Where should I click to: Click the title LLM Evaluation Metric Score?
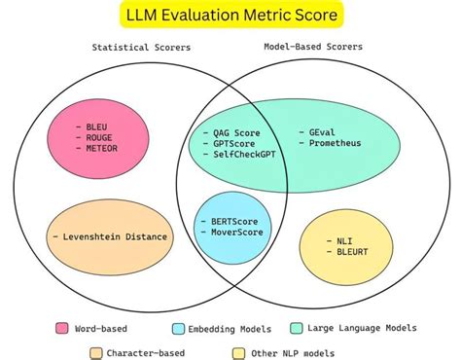click(x=230, y=16)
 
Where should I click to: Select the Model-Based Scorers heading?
click(x=312, y=47)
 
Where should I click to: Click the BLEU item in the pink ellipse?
click(x=96, y=126)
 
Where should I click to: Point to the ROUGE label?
click(x=98, y=137)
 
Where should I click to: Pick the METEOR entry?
click(x=100, y=149)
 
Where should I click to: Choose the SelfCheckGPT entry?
click(x=244, y=154)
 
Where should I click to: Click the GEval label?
click(x=320, y=131)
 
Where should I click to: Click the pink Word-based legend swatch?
click(x=64, y=329)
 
